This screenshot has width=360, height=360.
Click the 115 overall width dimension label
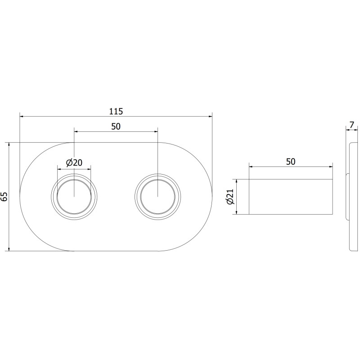(x=116, y=111)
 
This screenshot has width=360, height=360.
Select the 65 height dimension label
(x=4, y=197)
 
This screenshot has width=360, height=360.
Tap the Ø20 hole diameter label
(x=74, y=163)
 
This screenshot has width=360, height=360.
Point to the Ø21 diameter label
(x=230, y=197)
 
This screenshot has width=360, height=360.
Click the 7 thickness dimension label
(x=352, y=125)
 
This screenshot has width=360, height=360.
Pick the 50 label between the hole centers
(x=116, y=126)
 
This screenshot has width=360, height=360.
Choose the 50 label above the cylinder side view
(x=291, y=162)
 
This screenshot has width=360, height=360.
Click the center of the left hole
(x=74, y=197)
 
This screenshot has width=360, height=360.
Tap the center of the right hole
(x=158, y=197)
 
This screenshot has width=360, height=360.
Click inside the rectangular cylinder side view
(x=291, y=197)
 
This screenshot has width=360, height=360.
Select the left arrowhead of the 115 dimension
(x=21, y=117)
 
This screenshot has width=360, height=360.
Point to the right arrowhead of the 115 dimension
(x=210, y=117)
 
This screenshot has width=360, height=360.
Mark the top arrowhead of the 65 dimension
(x=9, y=144)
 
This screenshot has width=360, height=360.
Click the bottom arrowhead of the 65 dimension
(x=9, y=249)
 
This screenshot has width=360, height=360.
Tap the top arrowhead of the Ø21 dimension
(x=237, y=181)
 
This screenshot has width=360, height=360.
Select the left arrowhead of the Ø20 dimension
(x=59, y=169)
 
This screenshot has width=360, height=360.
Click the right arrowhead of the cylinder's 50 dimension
(x=331, y=166)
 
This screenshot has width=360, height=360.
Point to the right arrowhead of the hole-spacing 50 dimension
(x=156, y=131)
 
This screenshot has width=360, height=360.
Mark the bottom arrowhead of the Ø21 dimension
(x=237, y=212)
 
